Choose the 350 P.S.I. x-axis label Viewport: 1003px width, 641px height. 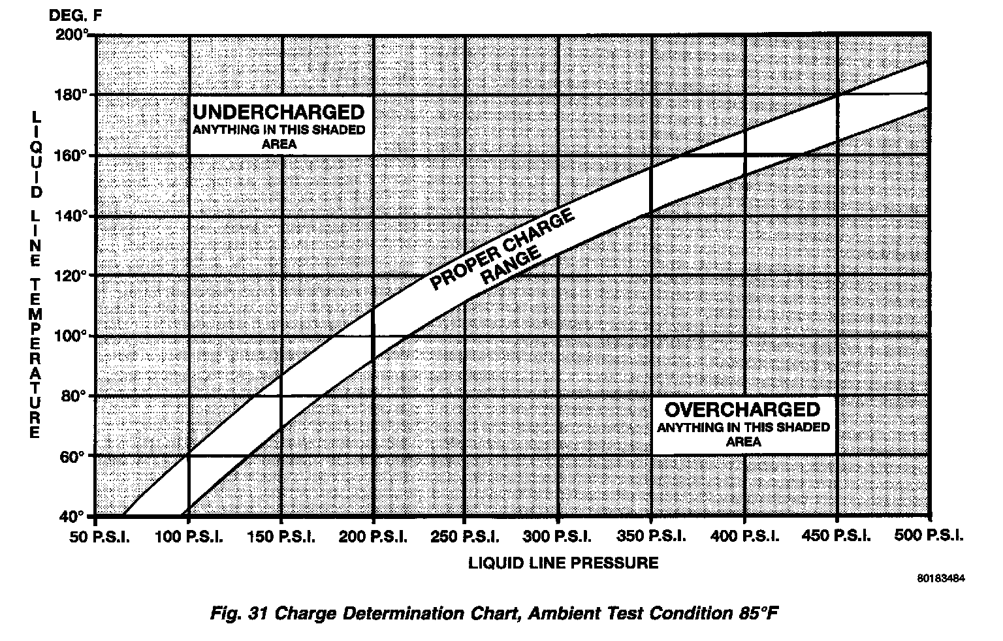pyautogui.click(x=650, y=537)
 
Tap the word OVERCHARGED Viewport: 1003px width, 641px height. pyautogui.click(x=742, y=410)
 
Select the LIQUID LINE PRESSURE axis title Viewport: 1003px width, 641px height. pyautogui.click(x=563, y=563)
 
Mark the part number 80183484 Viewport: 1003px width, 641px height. pyautogui.click(x=940, y=578)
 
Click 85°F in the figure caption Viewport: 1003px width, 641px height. pyautogui.click(x=760, y=614)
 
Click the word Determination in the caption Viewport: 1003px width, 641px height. pyautogui.click(x=394, y=614)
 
